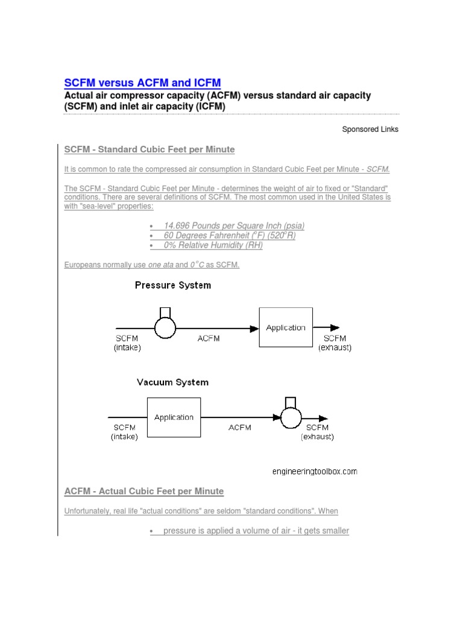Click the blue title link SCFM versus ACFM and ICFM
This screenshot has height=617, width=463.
(x=142, y=83)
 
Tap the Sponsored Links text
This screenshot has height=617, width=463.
(x=370, y=129)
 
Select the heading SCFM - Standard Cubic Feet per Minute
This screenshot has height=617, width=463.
(x=150, y=149)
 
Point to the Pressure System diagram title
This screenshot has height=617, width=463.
(x=172, y=285)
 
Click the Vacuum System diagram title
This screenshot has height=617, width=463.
(x=172, y=382)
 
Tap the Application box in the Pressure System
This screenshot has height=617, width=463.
(x=286, y=328)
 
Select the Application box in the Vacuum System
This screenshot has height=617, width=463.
(x=174, y=417)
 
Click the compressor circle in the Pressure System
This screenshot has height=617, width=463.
(x=165, y=328)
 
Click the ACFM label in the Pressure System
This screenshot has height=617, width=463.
(x=209, y=339)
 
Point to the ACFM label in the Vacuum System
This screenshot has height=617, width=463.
(x=240, y=427)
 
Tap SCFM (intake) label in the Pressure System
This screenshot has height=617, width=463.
(x=127, y=343)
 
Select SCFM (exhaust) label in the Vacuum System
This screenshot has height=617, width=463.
(x=317, y=432)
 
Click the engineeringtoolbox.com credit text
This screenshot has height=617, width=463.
(x=314, y=471)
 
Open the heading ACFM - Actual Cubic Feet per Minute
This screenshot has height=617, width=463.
(x=144, y=492)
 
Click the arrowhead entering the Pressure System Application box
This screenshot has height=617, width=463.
(x=254, y=328)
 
